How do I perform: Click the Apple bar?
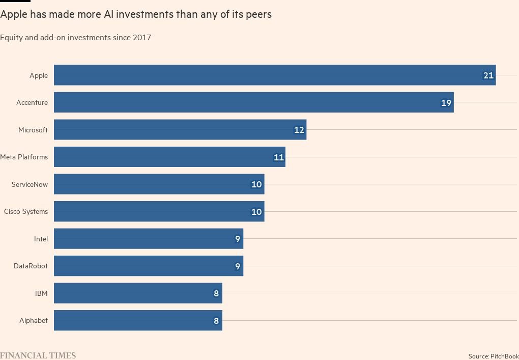pos(275,75)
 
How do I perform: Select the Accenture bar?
pos(253,102)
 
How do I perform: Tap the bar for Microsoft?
pos(180,130)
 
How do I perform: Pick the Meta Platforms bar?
pos(169,157)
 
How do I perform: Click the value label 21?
pos(488,75)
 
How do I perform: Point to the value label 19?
pos(446,103)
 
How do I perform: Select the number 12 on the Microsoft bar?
pos(299,130)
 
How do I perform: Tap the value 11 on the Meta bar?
pos(278,157)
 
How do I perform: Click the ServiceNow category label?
pos(30,184)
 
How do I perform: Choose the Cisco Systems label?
pos(26,211)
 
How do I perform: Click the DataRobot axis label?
pos(31,266)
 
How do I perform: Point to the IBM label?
pos(41,293)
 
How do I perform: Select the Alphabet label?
pos(34,320)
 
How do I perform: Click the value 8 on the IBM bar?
pos(216,293)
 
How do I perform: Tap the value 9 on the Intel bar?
pos(237,239)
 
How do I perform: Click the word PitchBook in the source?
pos(504,356)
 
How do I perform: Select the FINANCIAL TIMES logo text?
pos(38,355)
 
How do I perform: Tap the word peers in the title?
pos(258,15)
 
